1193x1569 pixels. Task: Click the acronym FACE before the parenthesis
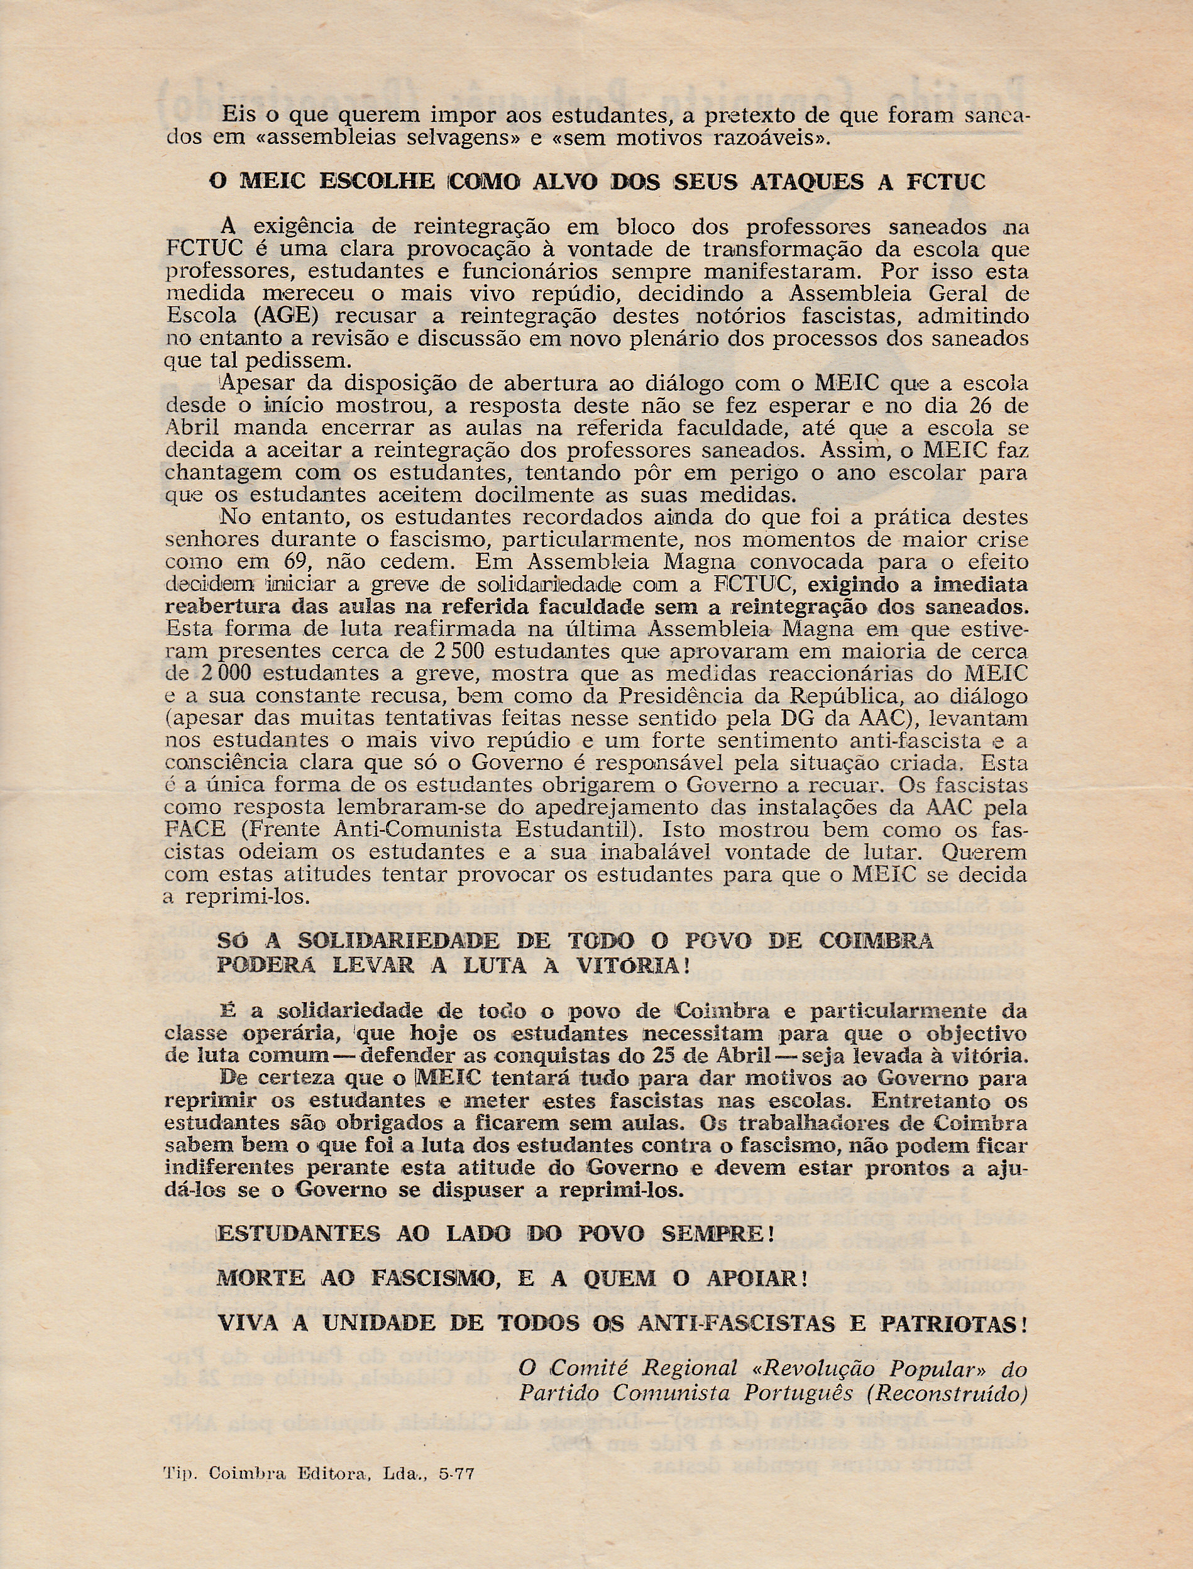coord(195,829)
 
